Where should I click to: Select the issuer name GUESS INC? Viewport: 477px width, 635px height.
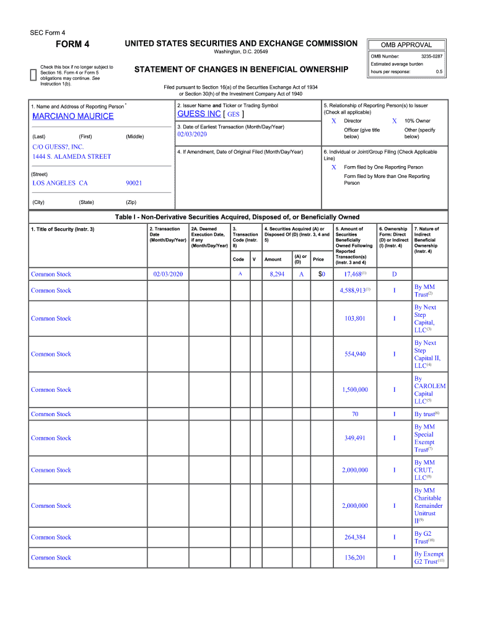point(199,114)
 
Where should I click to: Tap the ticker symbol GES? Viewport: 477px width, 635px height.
point(234,115)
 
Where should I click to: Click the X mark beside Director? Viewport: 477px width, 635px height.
point(333,121)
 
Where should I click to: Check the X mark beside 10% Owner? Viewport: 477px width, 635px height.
point(394,121)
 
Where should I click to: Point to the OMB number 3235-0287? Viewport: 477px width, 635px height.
point(432,56)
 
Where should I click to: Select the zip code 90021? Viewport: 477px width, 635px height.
point(134,184)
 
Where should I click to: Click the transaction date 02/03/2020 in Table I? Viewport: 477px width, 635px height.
point(168,274)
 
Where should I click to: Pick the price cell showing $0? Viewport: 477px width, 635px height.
point(321,274)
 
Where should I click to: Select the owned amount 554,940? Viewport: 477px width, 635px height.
point(355,354)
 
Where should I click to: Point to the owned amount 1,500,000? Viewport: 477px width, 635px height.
point(355,390)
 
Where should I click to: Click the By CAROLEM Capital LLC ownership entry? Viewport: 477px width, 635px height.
point(429,389)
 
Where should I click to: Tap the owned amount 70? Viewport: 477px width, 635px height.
point(355,414)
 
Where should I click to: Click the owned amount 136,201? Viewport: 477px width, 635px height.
point(355,557)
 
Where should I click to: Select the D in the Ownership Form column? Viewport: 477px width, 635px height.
point(394,274)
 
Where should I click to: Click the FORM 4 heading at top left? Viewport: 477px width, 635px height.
point(73,44)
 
